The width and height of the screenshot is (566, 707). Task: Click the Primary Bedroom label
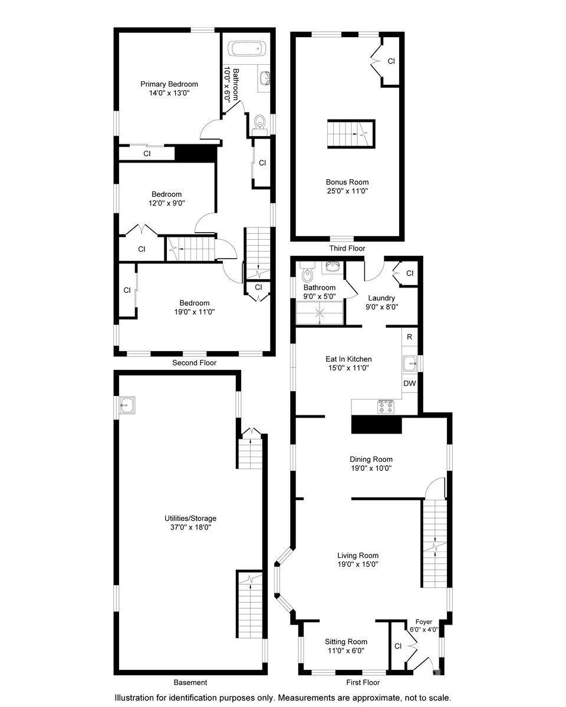click(169, 84)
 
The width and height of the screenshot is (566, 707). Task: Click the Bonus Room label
click(347, 182)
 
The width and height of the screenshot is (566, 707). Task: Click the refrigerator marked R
click(409, 338)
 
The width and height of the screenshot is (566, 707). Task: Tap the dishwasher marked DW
click(409, 384)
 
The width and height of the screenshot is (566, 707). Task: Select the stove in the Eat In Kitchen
click(386, 406)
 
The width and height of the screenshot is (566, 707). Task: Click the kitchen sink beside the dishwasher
click(409, 363)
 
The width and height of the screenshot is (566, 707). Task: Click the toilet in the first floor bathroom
click(306, 274)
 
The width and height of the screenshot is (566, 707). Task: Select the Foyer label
click(424, 622)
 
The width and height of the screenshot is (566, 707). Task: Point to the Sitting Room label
click(346, 642)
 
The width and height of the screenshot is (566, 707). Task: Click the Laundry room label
click(381, 298)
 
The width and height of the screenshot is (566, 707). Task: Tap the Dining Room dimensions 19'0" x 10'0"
click(371, 468)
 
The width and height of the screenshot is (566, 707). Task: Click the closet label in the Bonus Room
click(391, 61)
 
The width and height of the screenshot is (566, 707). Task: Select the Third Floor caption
click(347, 249)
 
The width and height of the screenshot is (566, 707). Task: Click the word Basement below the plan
click(190, 682)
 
